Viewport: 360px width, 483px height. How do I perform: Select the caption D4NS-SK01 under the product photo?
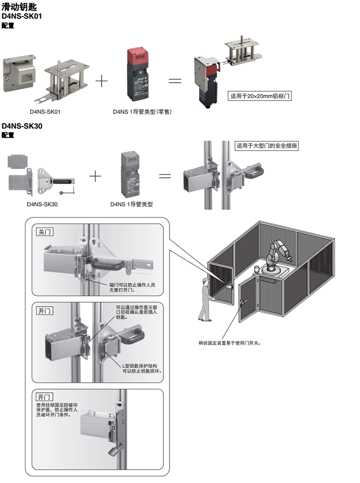click(x=45, y=111)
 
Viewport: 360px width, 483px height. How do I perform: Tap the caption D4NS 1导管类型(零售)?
click(x=142, y=111)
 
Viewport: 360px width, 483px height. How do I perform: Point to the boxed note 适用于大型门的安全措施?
click(x=267, y=146)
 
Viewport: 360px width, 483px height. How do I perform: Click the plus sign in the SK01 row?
click(x=101, y=82)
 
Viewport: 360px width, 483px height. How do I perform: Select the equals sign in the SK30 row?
click(x=165, y=175)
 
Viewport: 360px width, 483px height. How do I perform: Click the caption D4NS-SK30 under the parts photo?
click(x=42, y=204)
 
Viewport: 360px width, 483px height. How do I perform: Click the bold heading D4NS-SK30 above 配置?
click(x=22, y=126)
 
